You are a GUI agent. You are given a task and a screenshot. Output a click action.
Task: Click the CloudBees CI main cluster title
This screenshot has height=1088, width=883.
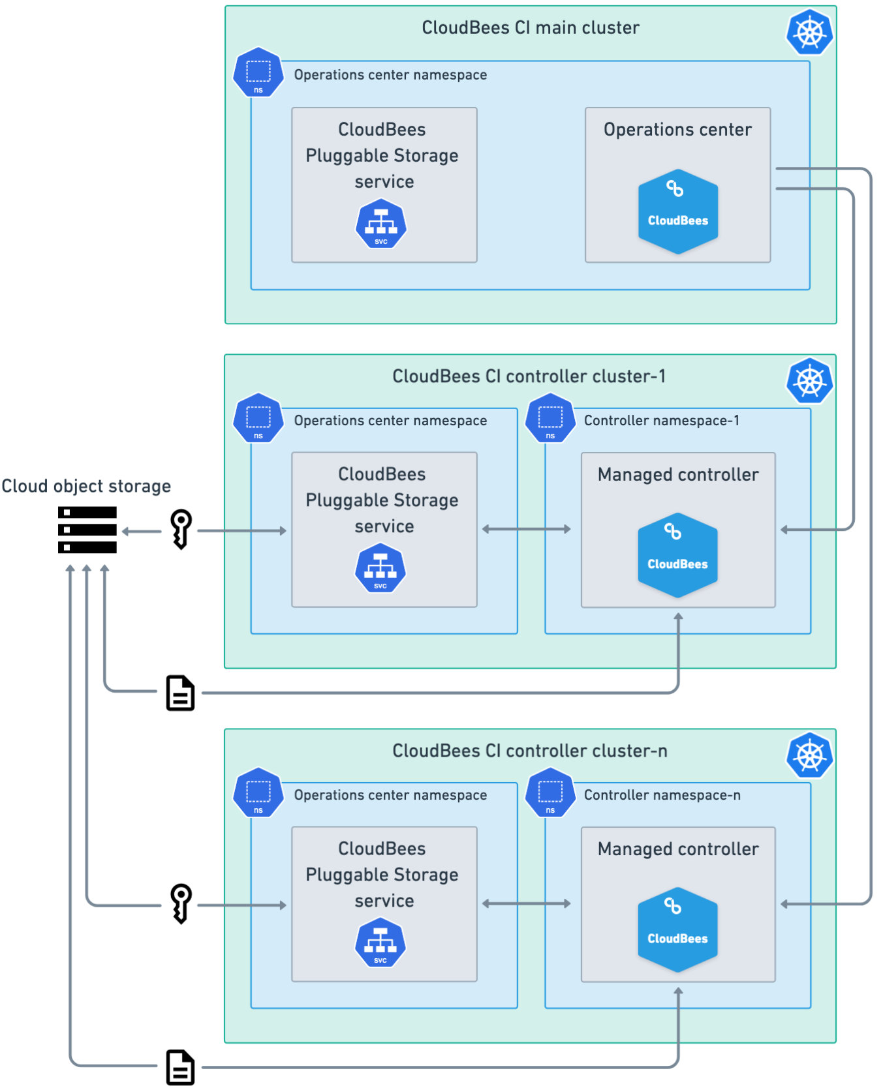tap(530, 27)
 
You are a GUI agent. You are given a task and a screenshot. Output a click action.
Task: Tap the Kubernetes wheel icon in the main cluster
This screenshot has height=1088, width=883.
tap(809, 32)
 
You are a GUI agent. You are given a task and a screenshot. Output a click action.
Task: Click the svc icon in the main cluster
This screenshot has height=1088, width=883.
tap(381, 224)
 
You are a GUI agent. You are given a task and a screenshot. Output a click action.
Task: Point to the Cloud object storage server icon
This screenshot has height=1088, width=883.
tap(87, 530)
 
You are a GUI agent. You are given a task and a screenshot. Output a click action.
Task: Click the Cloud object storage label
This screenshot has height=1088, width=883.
tap(86, 486)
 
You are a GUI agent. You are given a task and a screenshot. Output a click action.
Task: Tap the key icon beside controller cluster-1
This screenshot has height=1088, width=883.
tap(181, 528)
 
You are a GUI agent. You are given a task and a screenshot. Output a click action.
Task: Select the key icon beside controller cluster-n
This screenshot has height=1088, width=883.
tap(181, 903)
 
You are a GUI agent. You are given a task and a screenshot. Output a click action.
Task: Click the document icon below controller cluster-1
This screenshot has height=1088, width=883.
tap(180, 693)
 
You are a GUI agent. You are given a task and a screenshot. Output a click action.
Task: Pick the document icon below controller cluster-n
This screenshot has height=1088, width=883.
tap(180, 1067)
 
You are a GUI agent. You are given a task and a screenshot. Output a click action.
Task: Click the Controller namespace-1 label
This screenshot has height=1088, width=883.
tap(661, 421)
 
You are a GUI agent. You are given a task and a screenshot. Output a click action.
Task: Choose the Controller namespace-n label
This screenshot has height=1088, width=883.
tap(662, 795)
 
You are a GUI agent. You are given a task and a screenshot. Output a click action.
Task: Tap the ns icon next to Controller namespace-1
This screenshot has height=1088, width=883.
tap(550, 418)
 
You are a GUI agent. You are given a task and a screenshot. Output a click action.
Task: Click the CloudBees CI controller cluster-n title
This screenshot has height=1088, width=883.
tap(529, 751)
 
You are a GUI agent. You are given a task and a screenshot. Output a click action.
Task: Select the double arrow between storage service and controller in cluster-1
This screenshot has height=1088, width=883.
tap(526, 529)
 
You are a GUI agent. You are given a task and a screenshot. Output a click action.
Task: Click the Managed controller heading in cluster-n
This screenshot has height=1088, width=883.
tap(678, 849)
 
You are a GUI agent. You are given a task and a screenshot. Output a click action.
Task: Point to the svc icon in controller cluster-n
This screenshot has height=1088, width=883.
tap(380, 943)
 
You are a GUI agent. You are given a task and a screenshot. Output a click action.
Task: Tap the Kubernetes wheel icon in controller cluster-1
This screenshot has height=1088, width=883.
tap(809, 381)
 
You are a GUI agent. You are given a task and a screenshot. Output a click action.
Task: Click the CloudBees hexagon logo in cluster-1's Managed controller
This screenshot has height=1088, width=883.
tap(677, 555)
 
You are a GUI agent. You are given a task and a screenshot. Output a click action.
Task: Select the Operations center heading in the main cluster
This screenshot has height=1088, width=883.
tap(677, 130)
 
